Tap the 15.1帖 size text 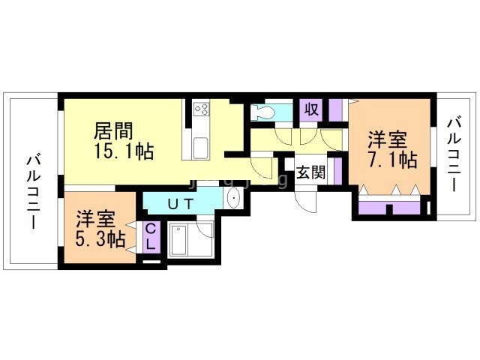[x=124, y=151]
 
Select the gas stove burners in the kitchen [x=202, y=109]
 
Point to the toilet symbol [x=262, y=112]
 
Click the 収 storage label [x=311, y=109]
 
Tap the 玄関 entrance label [x=310, y=172]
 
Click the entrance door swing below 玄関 [x=307, y=201]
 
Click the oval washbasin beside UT [x=232, y=199]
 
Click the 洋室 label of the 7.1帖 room [x=387, y=139]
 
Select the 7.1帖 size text [x=392, y=159]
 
